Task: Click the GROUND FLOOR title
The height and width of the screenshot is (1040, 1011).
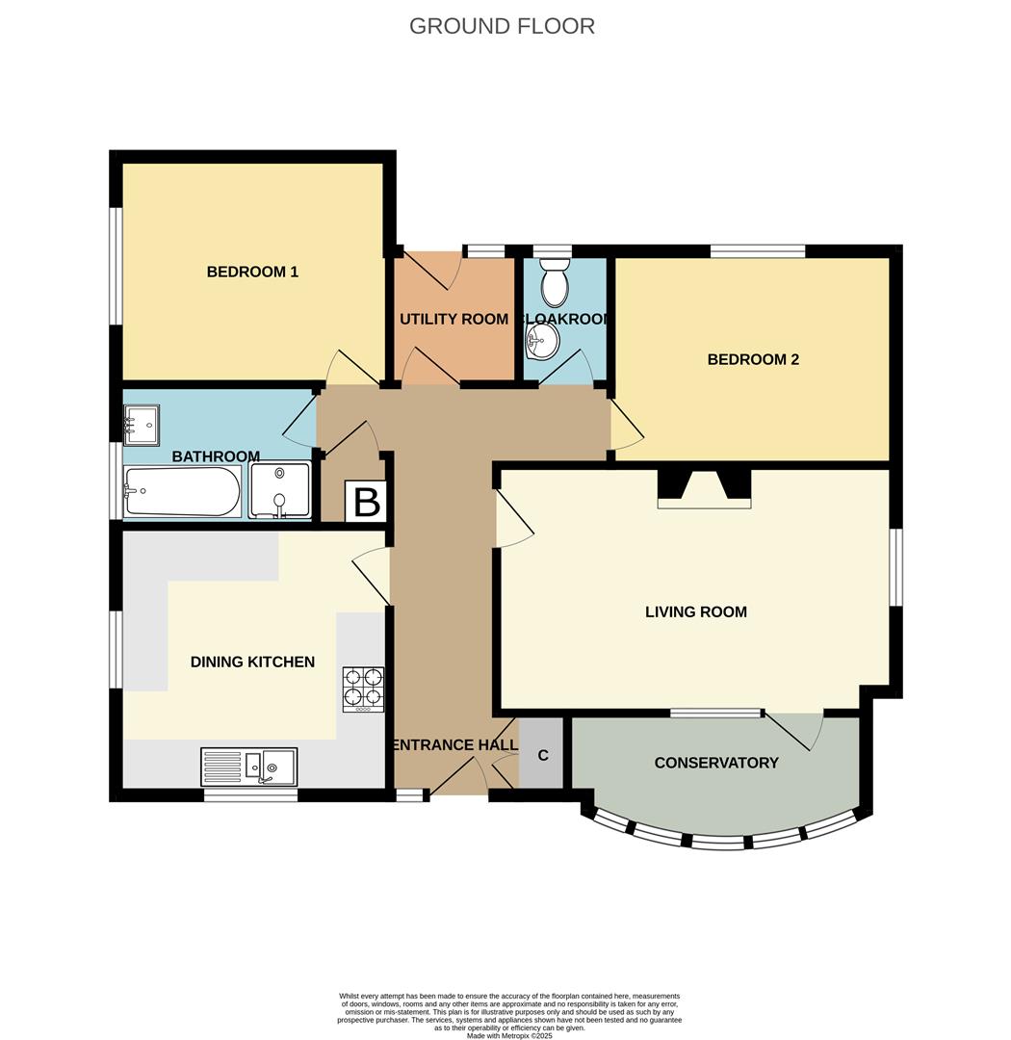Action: pyautogui.click(x=502, y=26)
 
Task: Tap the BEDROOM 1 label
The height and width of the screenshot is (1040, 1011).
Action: pyautogui.click(x=252, y=273)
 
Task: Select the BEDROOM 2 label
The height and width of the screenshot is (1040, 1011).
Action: pyautogui.click(x=753, y=360)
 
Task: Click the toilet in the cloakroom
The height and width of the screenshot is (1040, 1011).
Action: pyautogui.click(x=555, y=283)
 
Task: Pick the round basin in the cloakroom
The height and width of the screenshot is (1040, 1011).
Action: pyautogui.click(x=543, y=340)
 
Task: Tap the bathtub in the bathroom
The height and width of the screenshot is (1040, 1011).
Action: pyautogui.click(x=182, y=491)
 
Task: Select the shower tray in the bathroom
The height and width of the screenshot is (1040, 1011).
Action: pyautogui.click(x=280, y=490)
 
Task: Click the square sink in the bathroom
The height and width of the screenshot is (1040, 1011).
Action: pyautogui.click(x=142, y=423)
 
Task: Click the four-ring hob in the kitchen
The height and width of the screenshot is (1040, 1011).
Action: pyautogui.click(x=363, y=689)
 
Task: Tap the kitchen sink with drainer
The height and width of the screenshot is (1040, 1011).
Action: pyautogui.click(x=248, y=767)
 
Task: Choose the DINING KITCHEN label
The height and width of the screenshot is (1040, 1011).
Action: pyautogui.click(x=252, y=663)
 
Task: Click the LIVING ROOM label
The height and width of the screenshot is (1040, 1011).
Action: pyautogui.click(x=695, y=612)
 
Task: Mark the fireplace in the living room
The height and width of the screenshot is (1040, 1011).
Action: pyautogui.click(x=704, y=488)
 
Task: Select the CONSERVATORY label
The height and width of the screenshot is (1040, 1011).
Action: pyautogui.click(x=716, y=764)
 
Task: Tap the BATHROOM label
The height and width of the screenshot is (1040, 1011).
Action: pyautogui.click(x=216, y=456)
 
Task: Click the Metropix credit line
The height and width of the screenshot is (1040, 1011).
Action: pyautogui.click(x=509, y=1035)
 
